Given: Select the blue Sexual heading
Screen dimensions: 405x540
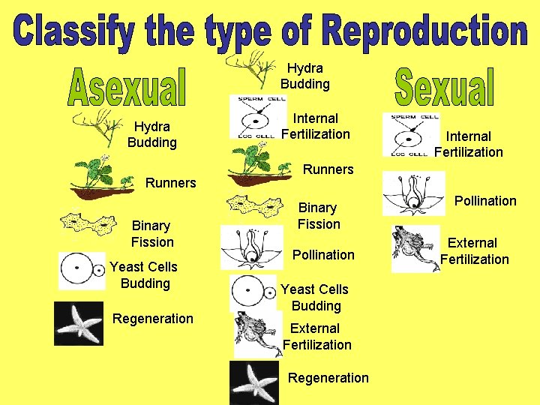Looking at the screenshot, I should [444, 88].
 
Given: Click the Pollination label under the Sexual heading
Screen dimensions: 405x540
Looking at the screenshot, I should [484, 200].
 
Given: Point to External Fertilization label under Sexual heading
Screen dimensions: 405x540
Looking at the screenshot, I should [474, 251].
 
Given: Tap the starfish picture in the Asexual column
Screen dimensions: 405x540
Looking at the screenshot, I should [79, 323].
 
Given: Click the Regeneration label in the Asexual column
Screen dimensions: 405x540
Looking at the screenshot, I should [152, 319].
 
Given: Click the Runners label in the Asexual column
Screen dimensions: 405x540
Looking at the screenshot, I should [170, 182].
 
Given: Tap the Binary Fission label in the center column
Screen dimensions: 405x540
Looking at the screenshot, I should [319, 215].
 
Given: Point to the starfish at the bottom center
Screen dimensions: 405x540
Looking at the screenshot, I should [254, 383].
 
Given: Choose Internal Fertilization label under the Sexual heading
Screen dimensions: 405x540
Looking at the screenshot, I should [469, 144].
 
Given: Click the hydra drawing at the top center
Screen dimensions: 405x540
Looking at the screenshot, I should [262, 68].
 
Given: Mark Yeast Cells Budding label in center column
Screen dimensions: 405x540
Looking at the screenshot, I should [315, 297].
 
